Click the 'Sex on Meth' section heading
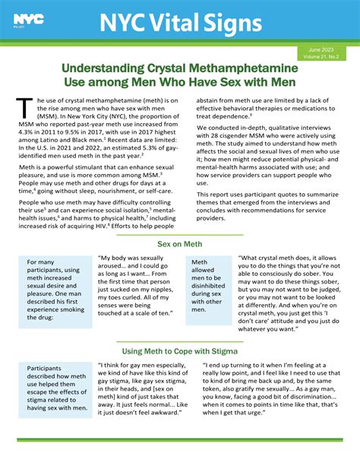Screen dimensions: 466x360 pos(181,245)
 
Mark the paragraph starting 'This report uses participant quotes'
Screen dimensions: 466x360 pos(270,208)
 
